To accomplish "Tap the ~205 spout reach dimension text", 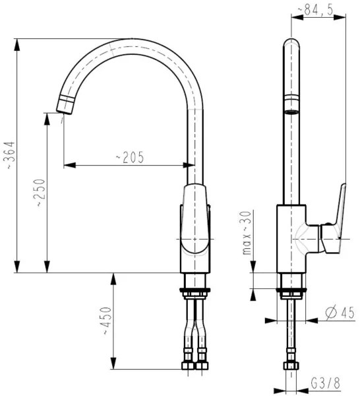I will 130,157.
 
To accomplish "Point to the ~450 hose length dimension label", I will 104,321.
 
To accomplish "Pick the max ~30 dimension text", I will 247,232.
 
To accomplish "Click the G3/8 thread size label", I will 325,383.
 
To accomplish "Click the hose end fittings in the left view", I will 195,364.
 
